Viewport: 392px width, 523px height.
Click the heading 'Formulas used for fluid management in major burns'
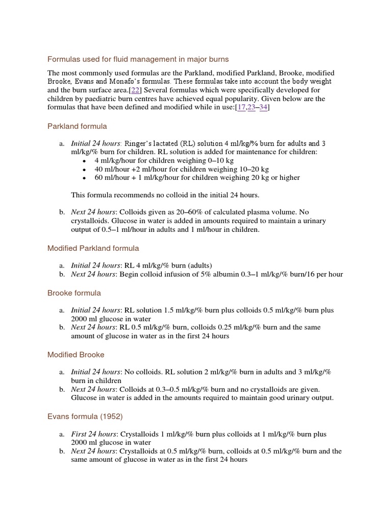[138, 59]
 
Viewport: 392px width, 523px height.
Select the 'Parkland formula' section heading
[77, 126]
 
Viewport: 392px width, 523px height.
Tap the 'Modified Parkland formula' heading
[93, 248]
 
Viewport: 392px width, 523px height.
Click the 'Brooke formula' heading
[74, 293]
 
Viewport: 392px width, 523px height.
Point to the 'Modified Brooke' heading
[76, 354]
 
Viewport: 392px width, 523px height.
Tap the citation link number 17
[240, 107]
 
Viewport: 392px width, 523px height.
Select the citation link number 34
[263, 107]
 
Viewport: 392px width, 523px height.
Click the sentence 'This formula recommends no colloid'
[165, 195]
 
